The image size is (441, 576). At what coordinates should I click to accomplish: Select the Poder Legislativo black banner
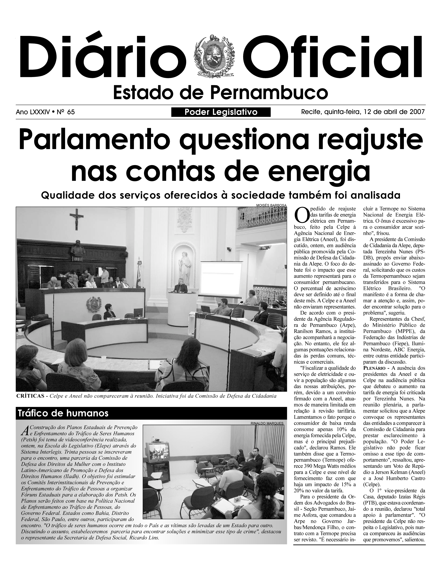click(221, 112)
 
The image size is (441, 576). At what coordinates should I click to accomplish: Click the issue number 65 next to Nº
click(71, 112)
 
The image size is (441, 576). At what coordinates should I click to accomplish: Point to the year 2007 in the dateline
click(417, 112)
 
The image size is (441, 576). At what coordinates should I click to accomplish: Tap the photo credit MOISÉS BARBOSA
click(271, 205)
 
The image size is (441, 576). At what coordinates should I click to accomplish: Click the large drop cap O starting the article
click(301, 215)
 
